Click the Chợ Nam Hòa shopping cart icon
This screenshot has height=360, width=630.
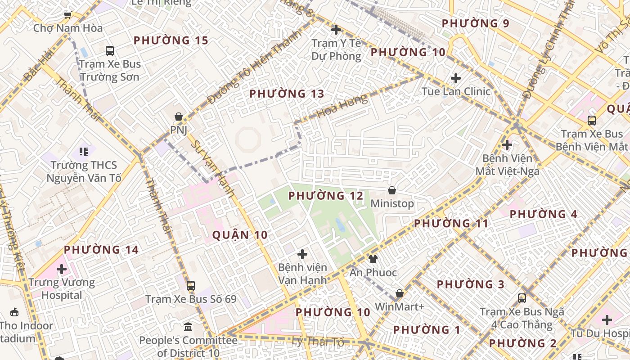tap(68, 15)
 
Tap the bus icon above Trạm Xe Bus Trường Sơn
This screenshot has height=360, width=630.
tap(110, 50)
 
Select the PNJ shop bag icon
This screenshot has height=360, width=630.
tap(179, 117)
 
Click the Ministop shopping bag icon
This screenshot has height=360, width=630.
tap(392, 190)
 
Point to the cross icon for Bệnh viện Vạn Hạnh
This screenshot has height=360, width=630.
tap(302, 254)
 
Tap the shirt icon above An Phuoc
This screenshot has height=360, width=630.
tap(373, 259)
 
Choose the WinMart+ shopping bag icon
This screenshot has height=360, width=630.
tap(399, 293)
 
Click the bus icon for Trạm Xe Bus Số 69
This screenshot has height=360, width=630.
tap(191, 285)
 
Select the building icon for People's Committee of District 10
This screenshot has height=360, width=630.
tap(188, 326)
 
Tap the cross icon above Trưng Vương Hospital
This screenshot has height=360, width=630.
tap(62, 269)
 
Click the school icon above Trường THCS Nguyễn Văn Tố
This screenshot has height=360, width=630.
tap(83, 152)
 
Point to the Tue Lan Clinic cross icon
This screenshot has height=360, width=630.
tap(456, 78)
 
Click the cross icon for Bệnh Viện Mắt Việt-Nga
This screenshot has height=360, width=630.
tap(507, 145)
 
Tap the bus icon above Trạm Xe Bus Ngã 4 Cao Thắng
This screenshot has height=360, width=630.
tap(522, 298)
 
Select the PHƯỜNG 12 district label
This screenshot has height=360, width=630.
tap(326, 196)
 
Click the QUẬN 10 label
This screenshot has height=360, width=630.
tap(240, 235)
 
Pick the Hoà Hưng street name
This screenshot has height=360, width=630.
tap(342, 107)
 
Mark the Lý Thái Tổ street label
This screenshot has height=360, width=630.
tap(318, 342)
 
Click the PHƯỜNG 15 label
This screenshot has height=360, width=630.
tap(171, 40)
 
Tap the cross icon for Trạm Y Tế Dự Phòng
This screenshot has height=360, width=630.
tap(336, 30)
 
